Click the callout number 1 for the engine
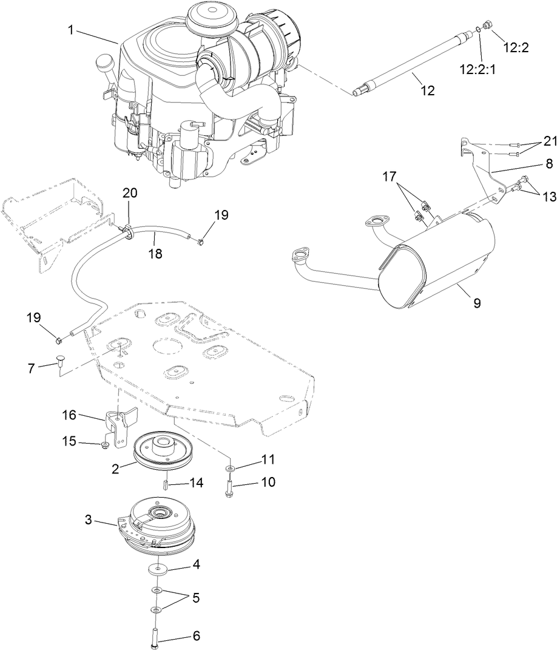72,29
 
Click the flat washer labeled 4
157,570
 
